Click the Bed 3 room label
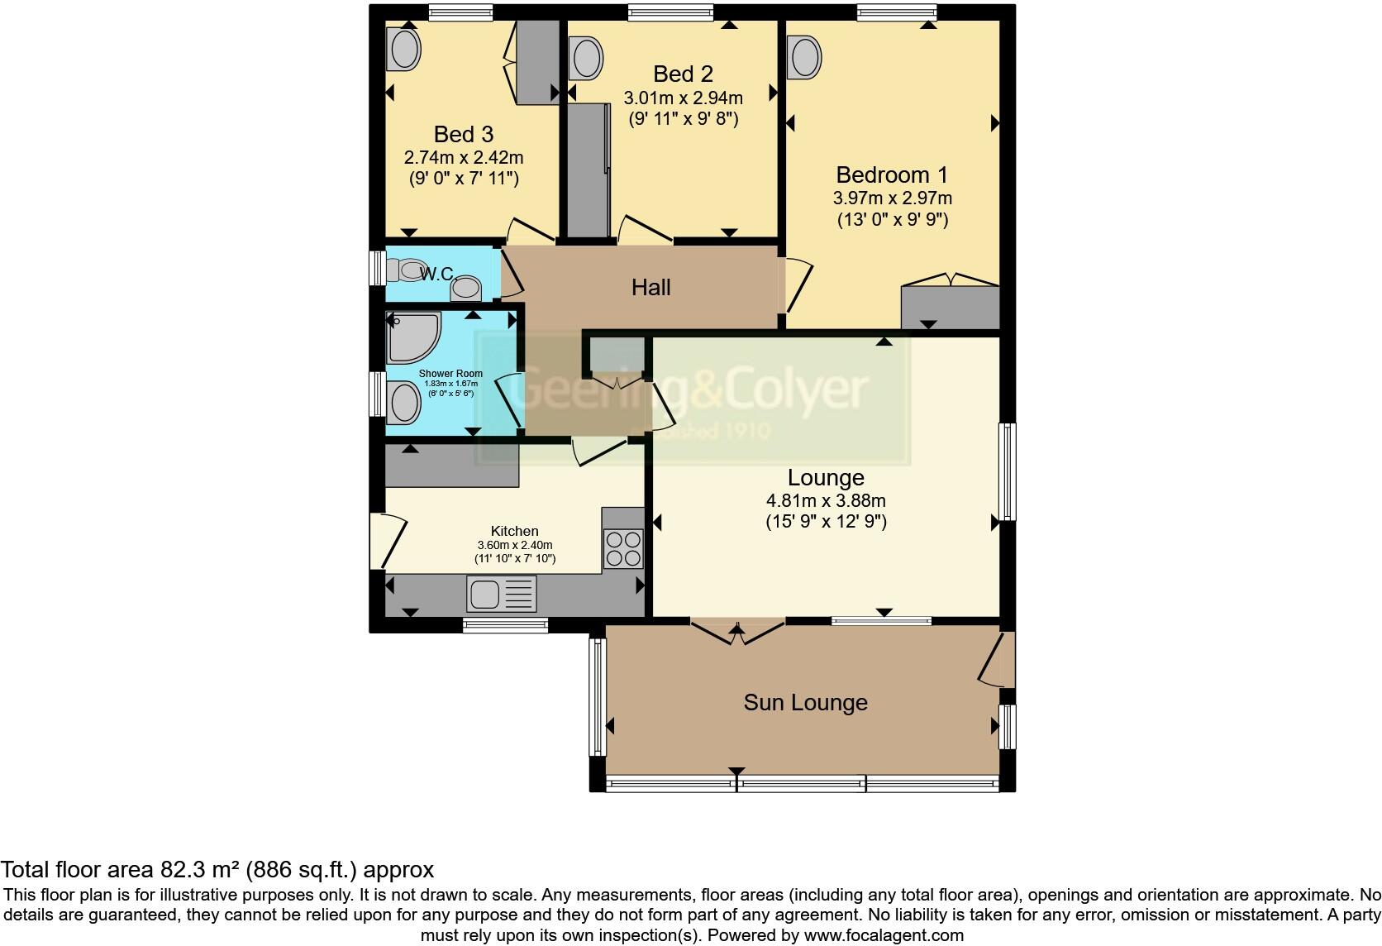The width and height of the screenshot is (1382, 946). click(x=464, y=134)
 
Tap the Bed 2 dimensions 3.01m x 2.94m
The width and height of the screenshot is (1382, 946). click(x=683, y=98)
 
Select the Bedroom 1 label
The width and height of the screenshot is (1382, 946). click(x=892, y=175)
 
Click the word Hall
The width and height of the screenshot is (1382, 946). click(x=650, y=288)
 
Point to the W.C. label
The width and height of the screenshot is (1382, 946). click(x=436, y=273)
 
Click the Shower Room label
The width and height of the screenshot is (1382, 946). click(x=450, y=374)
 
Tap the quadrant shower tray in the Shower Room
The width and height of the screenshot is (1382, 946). click(x=413, y=337)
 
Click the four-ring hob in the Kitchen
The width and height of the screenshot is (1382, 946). click(x=623, y=548)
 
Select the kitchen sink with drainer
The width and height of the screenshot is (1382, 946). click(x=502, y=594)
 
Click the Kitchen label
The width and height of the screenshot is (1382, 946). click(x=514, y=531)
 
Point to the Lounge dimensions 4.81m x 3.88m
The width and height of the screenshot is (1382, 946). click(x=826, y=501)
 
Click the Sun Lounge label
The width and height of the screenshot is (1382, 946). click(x=805, y=703)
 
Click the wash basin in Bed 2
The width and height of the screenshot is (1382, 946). click(x=586, y=59)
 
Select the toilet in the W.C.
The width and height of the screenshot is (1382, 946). click(x=407, y=270)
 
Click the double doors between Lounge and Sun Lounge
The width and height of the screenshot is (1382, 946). click(x=736, y=633)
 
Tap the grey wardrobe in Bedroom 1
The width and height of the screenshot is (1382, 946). click(x=950, y=308)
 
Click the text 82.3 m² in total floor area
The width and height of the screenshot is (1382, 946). click(x=193, y=870)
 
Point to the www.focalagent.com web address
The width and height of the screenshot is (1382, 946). click(x=883, y=936)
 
